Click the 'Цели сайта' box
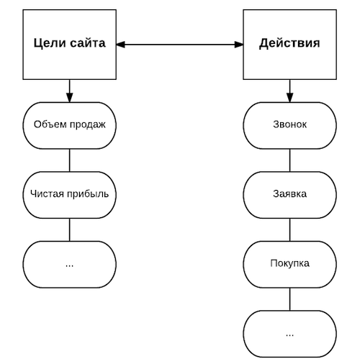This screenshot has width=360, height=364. tap(70, 45)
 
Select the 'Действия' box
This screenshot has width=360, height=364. tap(289, 45)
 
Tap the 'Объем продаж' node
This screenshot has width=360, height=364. tap(70, 125)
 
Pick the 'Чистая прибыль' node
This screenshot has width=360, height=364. tap(70, 195)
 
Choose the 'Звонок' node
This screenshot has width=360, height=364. tap(289, 125)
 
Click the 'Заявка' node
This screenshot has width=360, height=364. tap(289, 195)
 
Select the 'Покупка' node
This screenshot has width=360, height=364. tap(289, 265)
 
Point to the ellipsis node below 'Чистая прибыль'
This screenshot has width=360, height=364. tap(70, 265)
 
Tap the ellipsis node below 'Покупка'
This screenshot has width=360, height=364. tap(289, 334)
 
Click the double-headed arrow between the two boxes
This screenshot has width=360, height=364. tap(180, 45)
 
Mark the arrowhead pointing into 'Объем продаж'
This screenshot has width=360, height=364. tap(70, 98)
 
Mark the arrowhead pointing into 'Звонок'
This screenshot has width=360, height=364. tap(289, 98)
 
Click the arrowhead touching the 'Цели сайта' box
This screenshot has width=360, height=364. tap(121, 45)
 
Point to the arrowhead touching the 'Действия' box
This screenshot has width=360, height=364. tap(239, 45)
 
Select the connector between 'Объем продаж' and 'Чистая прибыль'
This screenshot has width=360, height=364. tap(70, 160)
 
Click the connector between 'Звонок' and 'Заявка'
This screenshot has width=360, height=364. tap(289, 160)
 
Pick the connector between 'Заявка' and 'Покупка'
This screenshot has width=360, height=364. tap(289, 229)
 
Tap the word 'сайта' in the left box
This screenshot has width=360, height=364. tap(88, 43)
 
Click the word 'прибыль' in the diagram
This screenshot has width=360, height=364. tap(88, 194)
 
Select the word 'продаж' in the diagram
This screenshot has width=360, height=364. tap(88, 124)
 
